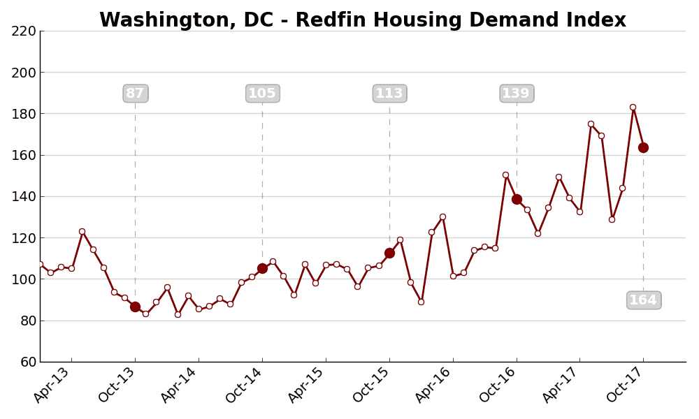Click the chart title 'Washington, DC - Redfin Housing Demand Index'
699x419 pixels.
pyautogui.click(x=362, y=20)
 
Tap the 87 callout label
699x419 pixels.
pyautogui.click(x=136, y=94)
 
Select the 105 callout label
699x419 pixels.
pyautogui.click(x=263, y=94)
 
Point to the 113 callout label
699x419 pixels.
pyautogui.click(x=389, y=94)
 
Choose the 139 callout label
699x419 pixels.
pyautogui.click(x=517, y=94)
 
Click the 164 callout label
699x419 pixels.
pyautogui.click(x=644, y=300)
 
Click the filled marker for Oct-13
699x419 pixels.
pyautogui.click(x=135, y=307)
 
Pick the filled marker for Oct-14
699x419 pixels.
pyautogui.click(x=262, y=268)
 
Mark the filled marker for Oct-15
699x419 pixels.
pyautogui.click(x=389, y=253)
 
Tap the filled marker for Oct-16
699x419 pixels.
pyautogui.click(x=517, y=199)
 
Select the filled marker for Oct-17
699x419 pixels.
pyautogui.click(x=643, y=147)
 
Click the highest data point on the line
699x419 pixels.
pyautogui.click(x=633, y=108)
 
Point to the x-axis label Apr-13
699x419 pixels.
pyautogui.click(x=53, y=384)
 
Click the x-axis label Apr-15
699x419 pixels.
pyautogui.click(x=308, y=384)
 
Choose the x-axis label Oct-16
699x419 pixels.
pyautogui.click(x=498, y=384)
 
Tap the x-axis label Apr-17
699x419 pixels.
pyautogui.click(x=561, y=384)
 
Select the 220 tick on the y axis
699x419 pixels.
pyautogui.click(x=23, y=31)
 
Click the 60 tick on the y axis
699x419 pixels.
pyautogui.click(x=27, y=362)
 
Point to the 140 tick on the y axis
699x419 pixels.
pyautogui.click(x=23, y=196)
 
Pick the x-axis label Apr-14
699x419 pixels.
pyautogui.click(x=180, y=384)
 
